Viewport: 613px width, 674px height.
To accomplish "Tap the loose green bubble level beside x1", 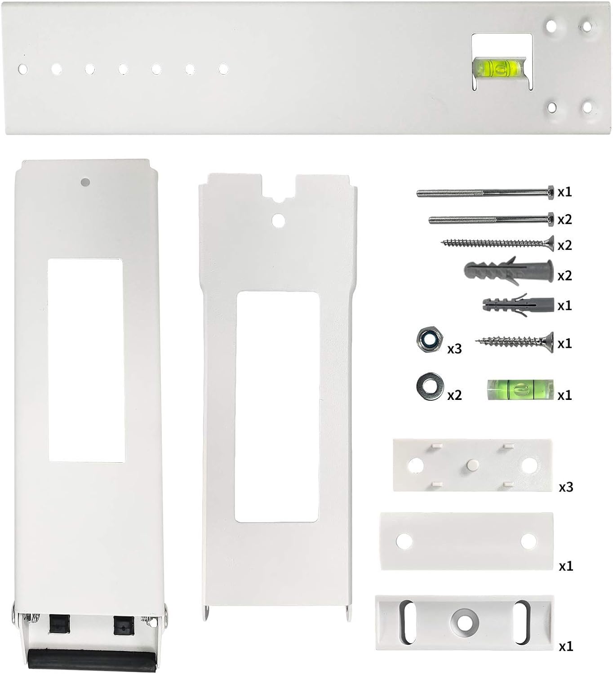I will coord(520,390).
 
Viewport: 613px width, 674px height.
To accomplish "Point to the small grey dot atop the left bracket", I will coord(84,182).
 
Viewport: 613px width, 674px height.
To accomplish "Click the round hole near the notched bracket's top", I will coord(278,220).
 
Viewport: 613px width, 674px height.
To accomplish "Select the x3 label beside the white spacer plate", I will coord(566,487).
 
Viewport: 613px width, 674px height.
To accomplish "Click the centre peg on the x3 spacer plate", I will coord(471,465).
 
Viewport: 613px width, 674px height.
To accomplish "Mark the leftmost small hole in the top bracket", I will coord(22,69).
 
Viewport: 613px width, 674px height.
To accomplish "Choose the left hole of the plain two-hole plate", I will coord(404,541).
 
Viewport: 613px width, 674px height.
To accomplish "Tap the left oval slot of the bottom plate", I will coord(406,623).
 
